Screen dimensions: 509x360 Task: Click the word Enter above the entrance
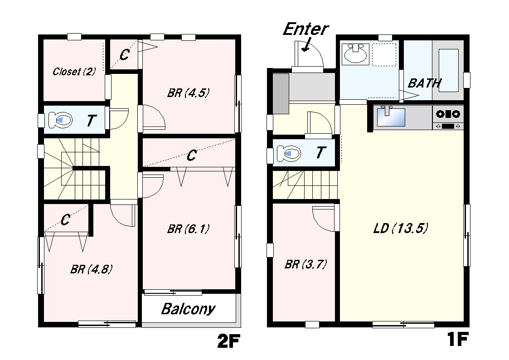pos(306,29)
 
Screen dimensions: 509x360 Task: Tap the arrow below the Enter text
pos(306,45)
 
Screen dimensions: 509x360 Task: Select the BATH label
pos(424,83)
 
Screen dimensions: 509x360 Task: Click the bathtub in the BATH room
pos(449,70)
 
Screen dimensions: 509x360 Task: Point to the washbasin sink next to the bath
pos(355,54)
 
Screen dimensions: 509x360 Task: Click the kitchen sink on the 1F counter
pos(391,117)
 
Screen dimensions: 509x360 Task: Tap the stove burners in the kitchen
pos(448,114)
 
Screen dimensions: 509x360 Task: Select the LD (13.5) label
pos(401,228)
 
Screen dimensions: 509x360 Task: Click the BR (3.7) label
pos(305,264)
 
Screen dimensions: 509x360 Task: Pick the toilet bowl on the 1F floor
pos(289,153)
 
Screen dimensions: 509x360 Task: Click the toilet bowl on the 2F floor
pos(60,120)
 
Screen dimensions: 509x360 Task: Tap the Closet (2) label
pos(74,72)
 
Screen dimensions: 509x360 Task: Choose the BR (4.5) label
pos(188,93)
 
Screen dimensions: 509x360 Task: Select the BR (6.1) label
pos(188,229)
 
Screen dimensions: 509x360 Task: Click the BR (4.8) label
pos(92,269)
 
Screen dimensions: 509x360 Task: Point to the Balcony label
pos(188,309)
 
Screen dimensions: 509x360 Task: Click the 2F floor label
pos(229,341)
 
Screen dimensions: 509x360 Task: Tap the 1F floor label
pos(457,339)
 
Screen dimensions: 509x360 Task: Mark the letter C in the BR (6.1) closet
pos(192,156)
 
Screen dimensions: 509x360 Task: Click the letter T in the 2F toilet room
pos(92,121)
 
